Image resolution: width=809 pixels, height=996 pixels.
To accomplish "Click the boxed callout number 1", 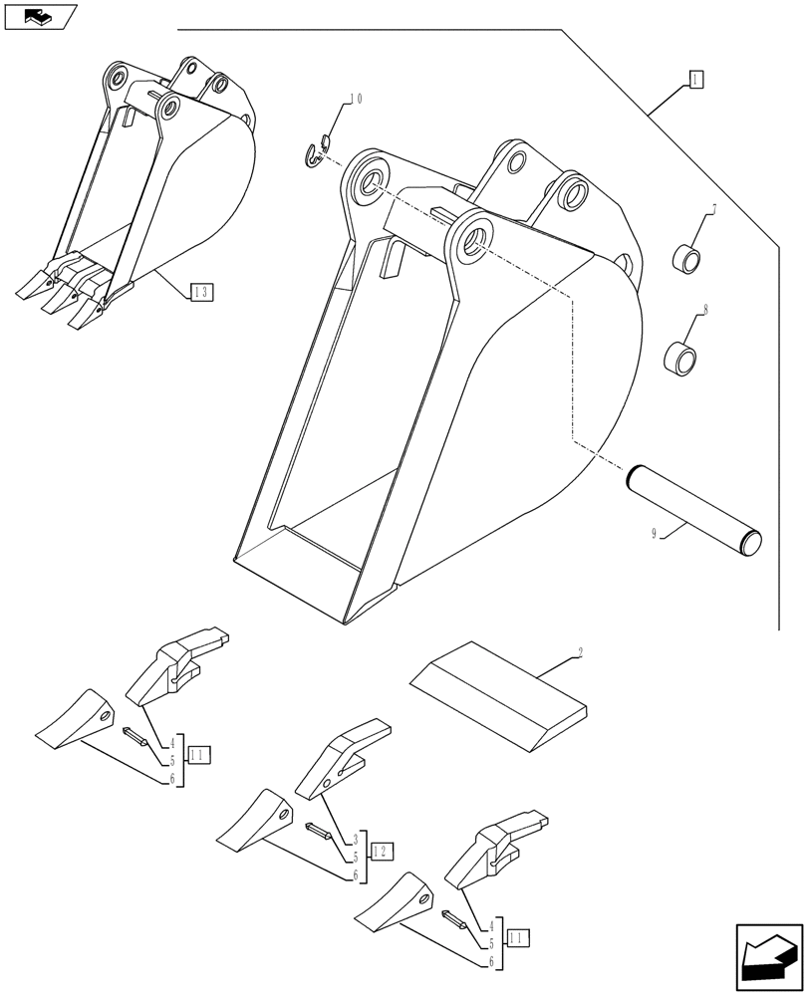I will tap(695, 80).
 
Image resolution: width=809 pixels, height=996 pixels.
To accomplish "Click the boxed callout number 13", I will tap(202, 292).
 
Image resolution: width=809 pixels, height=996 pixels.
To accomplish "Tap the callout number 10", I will tap(355, 100).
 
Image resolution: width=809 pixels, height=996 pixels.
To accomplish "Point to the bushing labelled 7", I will tap(684, 259).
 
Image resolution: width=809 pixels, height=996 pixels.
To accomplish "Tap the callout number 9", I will tap(655, 535).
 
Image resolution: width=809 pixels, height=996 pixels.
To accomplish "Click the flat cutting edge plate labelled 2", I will tap(498, 693).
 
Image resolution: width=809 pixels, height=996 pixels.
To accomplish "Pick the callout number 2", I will tap(579, 654).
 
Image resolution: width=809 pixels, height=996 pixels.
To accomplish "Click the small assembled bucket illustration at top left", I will tap(149, 189).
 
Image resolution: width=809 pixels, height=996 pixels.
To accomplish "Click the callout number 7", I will tap(713, 209).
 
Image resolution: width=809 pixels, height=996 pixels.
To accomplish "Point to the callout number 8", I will tap(705, 311).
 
